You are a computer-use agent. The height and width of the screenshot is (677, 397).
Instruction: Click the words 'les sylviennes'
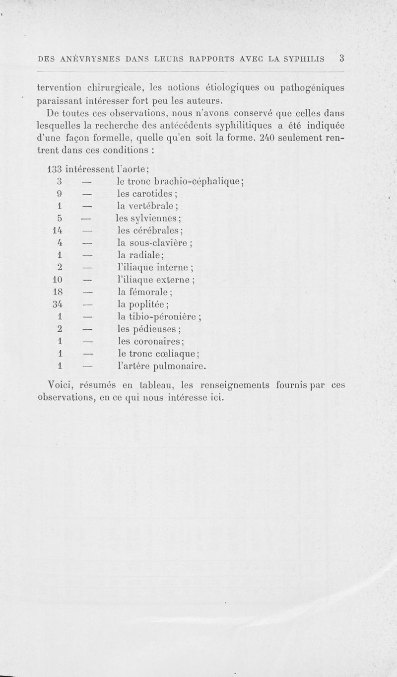(147, 218)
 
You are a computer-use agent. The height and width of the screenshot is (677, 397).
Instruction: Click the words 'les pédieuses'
(148, 329)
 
